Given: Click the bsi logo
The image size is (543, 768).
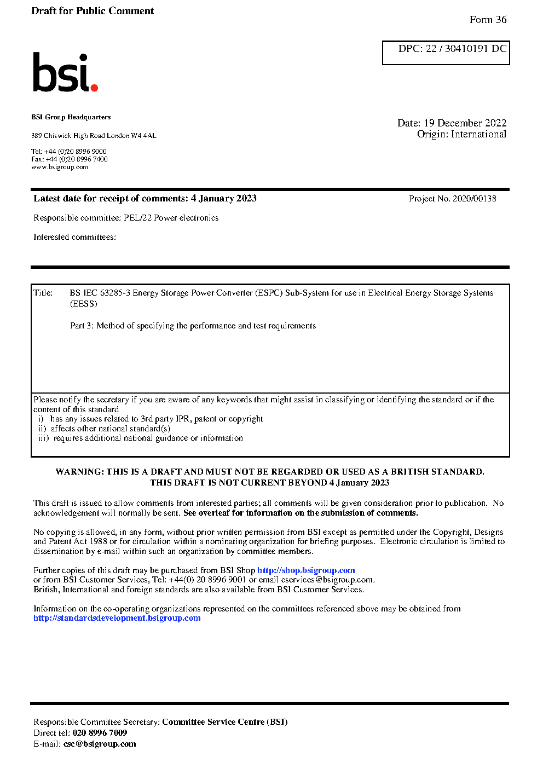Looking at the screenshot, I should coord(65,72).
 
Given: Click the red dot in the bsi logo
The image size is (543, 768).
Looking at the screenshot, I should coord(94,87).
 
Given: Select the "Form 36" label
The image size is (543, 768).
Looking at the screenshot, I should coord(488,20).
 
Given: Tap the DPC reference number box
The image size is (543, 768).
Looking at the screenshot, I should coord(446,53).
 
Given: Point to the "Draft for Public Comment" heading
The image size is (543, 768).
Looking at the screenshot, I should coord(93,11).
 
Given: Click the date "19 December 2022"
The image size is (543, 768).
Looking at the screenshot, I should coord(465,123).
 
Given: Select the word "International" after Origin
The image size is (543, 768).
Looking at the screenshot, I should coord(478,134).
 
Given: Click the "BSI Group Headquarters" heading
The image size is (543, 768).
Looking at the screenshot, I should coord(71,117).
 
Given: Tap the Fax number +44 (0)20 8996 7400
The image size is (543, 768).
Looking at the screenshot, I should coord(77,159).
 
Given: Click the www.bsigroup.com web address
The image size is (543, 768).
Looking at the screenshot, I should coord(60,167).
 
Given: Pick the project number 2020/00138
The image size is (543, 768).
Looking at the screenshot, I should coord(474,199).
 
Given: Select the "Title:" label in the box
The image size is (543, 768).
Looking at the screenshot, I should coord(43,293).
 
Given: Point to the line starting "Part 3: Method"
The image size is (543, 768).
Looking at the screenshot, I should coord(193,326).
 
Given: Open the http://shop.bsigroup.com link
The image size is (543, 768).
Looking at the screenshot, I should coord(306,570).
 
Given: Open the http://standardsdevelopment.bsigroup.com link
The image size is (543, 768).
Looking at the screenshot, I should coord(117,618).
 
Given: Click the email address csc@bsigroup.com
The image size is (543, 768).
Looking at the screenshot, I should coord(100,744).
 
